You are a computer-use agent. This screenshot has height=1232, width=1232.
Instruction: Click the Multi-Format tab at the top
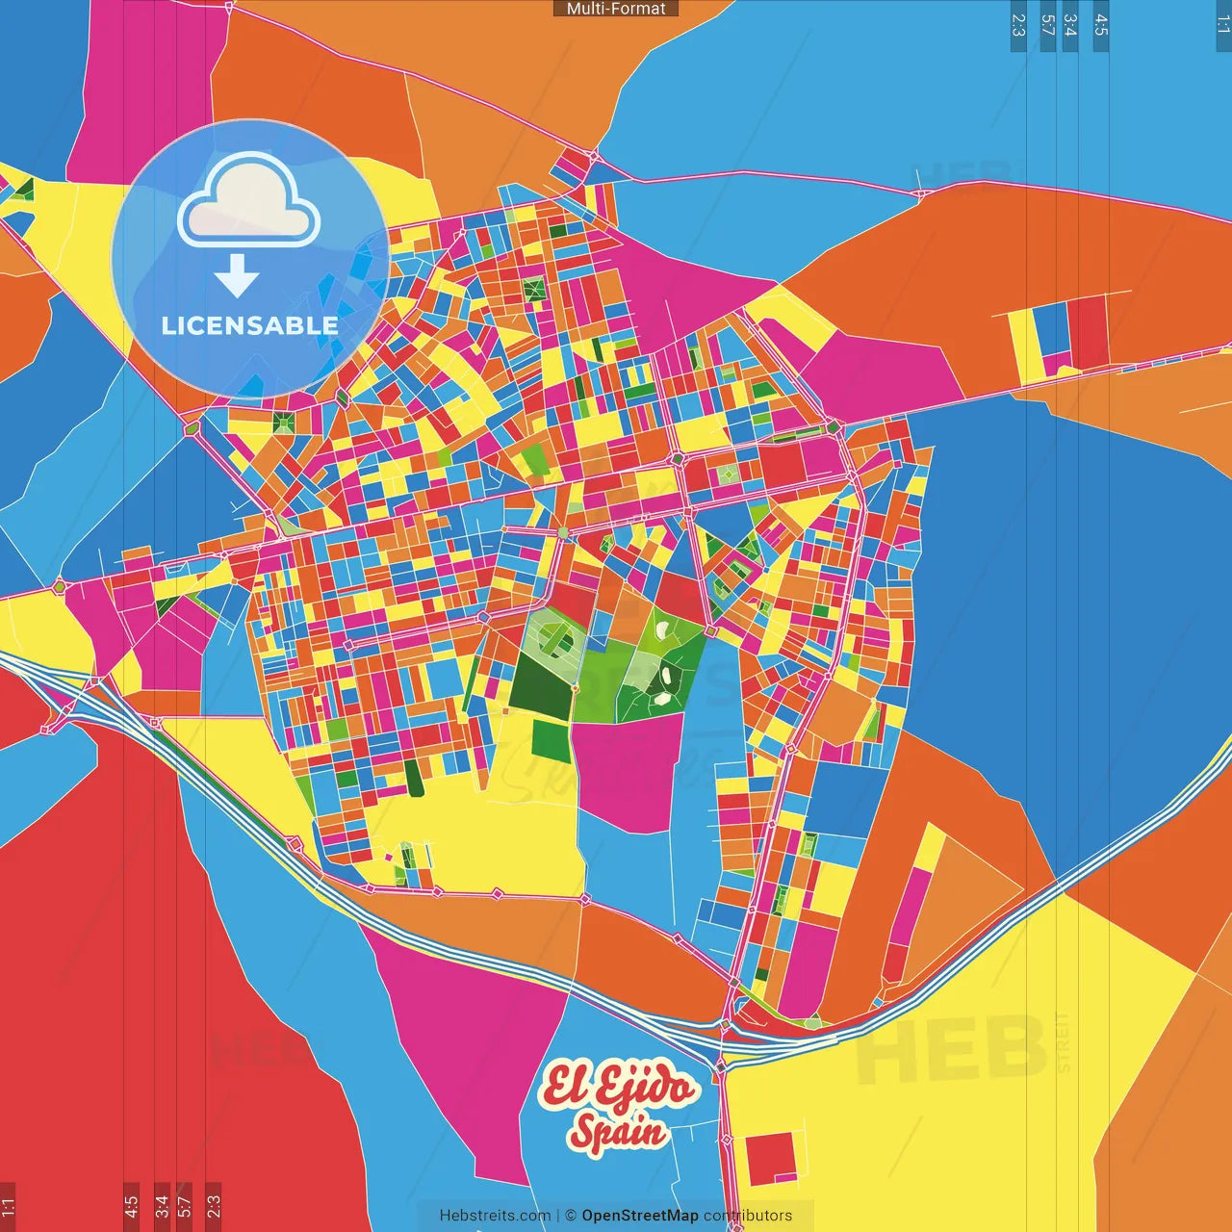click(x=616, y=9)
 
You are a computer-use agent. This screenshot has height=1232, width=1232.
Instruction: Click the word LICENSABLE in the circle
click(x=250, y=325)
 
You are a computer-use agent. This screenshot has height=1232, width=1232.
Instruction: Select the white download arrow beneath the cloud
click(x=237, y=275)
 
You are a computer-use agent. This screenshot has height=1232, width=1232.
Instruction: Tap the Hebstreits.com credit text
click(x=495, y=1216)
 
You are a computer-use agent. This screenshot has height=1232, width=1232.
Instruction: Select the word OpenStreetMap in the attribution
click(x=640, y=1216)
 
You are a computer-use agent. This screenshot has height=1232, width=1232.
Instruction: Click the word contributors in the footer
click(x=748, y=1216)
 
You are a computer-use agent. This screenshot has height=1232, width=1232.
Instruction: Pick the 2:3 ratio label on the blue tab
click(x=1018, y=25)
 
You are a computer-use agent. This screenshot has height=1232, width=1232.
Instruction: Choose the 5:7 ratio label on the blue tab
click(x=1048, y=25)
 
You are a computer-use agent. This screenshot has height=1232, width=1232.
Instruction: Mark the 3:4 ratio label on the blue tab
click(x=1070, y=25)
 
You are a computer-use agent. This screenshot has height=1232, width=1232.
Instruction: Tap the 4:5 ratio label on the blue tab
click(x=1101, y=25)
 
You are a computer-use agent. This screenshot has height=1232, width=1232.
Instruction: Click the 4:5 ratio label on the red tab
click(x=131, y=1207)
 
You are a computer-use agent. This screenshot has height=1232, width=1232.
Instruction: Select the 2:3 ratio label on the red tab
click(x=214, y=1207)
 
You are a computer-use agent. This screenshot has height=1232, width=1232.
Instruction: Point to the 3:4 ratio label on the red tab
click(x=162, y=1207)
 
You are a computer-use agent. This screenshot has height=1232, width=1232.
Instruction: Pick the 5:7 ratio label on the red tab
click(x=185, y=1207)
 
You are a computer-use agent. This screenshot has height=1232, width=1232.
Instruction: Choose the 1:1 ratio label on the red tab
click(x=8, y=1207)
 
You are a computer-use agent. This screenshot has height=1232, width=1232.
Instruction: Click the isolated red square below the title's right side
click(x=771, y=1158)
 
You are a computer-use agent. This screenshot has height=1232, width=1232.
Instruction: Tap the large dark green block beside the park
click(x=540, y=685)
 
